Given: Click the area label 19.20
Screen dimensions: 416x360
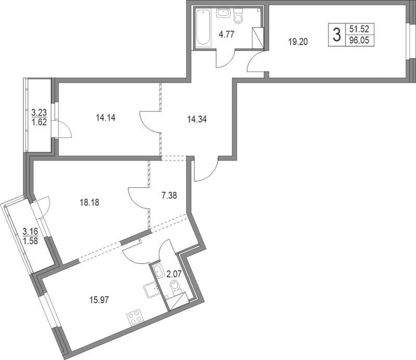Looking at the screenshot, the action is pos(298,42).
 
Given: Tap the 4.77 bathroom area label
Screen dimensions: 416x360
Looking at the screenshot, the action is pos(226,34).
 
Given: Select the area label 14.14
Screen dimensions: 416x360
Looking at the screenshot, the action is pos(106,118).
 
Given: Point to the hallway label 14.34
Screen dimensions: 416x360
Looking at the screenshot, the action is pos(197,120).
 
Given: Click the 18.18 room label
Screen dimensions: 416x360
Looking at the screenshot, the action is pos(89,202).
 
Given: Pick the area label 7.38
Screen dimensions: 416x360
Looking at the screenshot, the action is pos(169,196).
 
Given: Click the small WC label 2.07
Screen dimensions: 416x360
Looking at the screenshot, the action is pos(174,274).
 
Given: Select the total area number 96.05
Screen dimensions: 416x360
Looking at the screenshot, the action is pos(359,41).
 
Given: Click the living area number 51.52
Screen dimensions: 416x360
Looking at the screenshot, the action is pos(359,29).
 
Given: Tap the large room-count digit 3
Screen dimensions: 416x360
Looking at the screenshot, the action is pos(337,35).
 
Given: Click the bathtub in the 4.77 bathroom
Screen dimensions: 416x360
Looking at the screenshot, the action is pos(203,28).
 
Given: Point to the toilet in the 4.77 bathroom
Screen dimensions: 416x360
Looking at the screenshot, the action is pos(239,16).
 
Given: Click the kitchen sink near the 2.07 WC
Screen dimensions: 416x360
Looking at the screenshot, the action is pos(151,290).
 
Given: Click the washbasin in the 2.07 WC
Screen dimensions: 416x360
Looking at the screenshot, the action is pos(159,272).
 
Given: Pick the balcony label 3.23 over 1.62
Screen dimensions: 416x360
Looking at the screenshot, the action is pos(40,117).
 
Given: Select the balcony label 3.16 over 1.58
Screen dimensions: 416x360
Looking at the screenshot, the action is pos(31,236).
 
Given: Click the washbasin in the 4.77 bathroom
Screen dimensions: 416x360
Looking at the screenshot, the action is pos(223,12).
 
